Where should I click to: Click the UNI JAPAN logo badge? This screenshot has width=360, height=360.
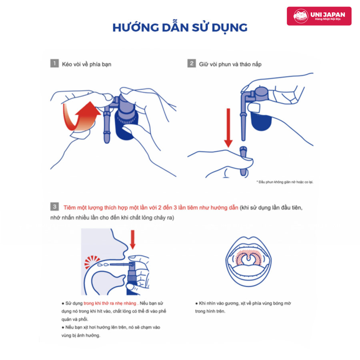319,16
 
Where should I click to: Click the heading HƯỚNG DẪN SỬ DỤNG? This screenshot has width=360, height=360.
180,28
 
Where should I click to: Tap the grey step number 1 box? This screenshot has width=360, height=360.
54,63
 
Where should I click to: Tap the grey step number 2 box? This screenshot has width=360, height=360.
192,63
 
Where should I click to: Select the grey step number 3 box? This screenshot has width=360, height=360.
54,207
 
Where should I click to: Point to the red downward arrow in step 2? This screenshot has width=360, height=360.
228,128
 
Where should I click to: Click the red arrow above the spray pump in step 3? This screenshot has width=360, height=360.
133,240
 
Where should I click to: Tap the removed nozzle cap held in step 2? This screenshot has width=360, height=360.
243,161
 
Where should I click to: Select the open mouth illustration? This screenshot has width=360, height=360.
248,261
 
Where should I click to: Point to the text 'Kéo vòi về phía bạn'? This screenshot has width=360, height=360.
86,64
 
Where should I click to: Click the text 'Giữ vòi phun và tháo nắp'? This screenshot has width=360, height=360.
230,64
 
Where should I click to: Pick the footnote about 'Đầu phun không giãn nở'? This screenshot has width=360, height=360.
285,182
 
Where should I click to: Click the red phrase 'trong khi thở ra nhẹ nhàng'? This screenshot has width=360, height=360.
110,303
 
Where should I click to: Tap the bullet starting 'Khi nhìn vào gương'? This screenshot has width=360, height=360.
243,307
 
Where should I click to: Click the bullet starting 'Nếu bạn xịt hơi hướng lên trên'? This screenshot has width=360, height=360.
111,331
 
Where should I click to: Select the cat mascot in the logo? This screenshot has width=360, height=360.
301,16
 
